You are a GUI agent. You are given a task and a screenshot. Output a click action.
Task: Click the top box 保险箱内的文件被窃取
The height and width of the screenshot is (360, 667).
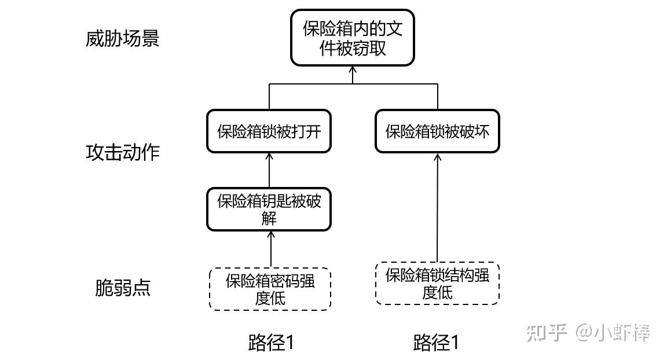coord(352,38)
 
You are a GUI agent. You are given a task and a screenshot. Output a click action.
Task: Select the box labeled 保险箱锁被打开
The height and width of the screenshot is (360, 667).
coord(269,131)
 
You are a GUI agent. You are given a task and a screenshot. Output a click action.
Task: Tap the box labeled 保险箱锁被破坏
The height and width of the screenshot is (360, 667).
coord(437,131)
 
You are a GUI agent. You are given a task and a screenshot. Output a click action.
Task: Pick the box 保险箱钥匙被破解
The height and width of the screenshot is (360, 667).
coord(269,209)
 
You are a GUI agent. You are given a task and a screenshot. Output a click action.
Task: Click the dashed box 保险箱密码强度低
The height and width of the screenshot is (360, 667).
coord(270,289)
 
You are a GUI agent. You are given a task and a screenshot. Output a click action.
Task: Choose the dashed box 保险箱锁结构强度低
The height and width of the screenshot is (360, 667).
coord(437,283)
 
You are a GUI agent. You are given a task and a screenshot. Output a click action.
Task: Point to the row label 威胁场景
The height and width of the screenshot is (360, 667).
coord(122,39)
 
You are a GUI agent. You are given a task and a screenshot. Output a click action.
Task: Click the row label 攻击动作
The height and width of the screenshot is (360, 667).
coord(122,152)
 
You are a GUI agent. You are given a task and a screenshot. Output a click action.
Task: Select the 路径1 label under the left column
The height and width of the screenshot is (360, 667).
coord(271,343)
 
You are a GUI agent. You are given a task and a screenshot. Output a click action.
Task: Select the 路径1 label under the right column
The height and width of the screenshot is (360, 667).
coord(436,343)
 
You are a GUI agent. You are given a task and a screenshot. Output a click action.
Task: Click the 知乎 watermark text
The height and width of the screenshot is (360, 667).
coord(545,332)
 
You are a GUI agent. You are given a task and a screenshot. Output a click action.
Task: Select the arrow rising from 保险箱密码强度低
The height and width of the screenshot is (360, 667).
coord(270,249)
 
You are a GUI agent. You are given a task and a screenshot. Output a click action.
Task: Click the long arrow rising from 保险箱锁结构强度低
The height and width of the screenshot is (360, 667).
coord(437,208)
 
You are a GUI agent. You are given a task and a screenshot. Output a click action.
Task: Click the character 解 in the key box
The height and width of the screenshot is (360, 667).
coord(269,218)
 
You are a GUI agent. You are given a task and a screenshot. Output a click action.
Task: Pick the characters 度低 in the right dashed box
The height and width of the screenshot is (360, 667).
coord(437,292)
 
